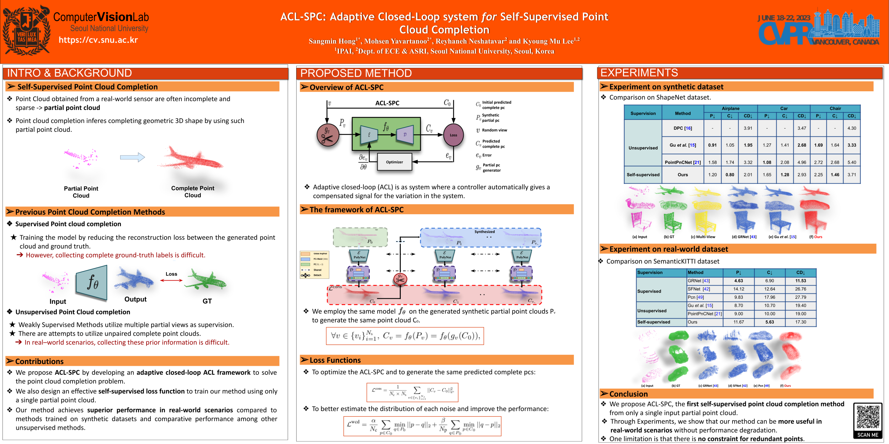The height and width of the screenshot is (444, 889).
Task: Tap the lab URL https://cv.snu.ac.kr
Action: coord(98,40)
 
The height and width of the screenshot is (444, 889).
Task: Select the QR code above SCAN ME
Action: coord(868,417)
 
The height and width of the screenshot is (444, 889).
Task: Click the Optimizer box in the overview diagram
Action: coord(394,162)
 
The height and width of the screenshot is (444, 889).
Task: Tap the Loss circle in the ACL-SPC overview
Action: coord(453,135)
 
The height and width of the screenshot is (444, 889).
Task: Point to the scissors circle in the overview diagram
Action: coord(328,135)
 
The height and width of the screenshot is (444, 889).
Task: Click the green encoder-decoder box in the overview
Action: coord(386,134)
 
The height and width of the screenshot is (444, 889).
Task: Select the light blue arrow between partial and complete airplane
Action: coord(132,157)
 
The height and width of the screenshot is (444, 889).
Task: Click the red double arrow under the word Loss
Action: coord(171,280)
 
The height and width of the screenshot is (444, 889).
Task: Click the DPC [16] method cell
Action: coord(682,128)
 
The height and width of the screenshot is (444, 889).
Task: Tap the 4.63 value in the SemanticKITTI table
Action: coord(739,281)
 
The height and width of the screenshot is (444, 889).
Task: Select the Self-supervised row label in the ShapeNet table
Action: coord(643,175)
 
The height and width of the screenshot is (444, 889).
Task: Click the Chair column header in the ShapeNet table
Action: coord(835,108)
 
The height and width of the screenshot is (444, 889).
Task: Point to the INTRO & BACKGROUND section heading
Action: coord(70,73)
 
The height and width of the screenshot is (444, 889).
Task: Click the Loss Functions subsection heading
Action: coord(335,360)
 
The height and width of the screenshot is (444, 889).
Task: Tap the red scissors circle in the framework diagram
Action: coord(400,279)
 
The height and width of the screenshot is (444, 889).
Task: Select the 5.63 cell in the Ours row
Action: coord(770,322)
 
